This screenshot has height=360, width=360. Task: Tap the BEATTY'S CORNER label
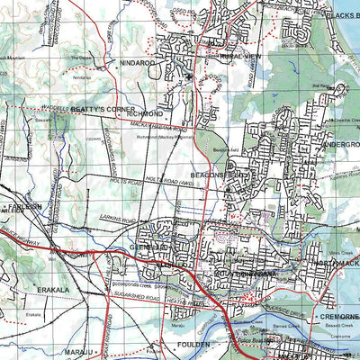[x=104, y=109]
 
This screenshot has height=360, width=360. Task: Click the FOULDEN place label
[x=192, y=344]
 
